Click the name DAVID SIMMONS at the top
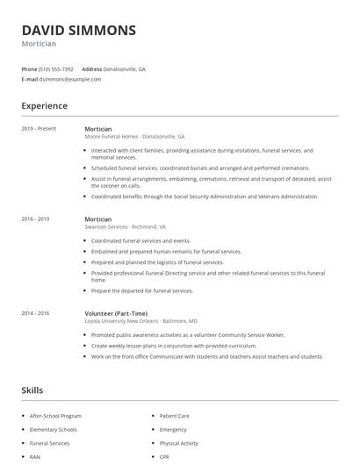(79, 30)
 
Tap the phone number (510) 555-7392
(56, 68)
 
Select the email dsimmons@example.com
(70, 79)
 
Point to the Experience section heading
(44, 106)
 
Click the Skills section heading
(32, 390)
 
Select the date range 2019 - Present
(39, 129)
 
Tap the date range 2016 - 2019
(35, 219)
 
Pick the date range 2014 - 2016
(35, 313)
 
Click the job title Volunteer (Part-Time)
(117, 313)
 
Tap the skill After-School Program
(55, 416)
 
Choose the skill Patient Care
(174, 416)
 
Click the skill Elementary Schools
(54, 430)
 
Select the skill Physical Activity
(179, 443)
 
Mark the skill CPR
(165, 457)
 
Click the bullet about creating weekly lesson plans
(176, 346)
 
